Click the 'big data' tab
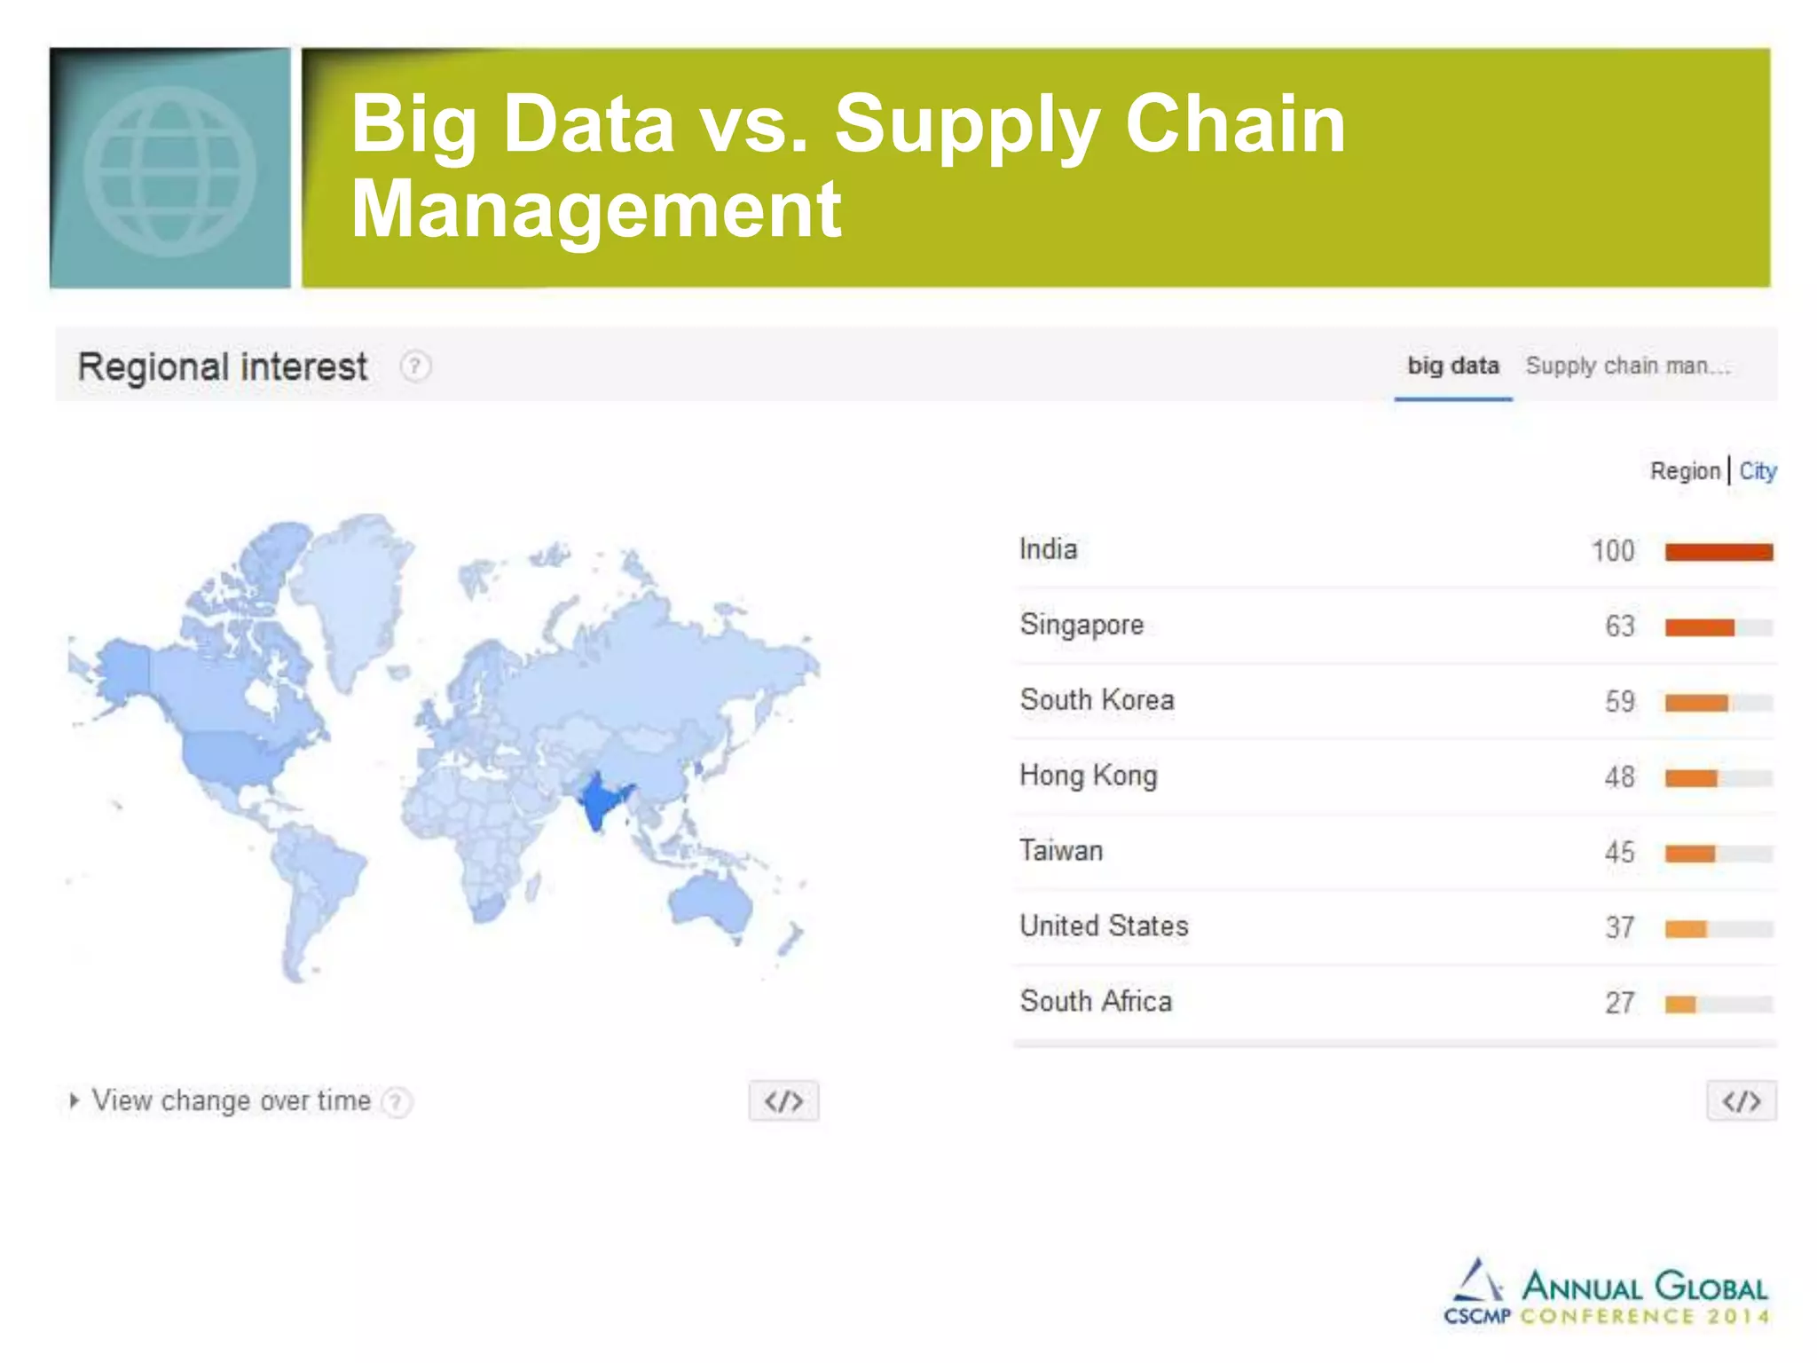pos(1452,366)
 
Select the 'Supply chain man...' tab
pos(1627,366)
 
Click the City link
pos(1757,470)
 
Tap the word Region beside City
pos(1684,470)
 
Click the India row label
pos(1048,549)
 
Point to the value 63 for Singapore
pos(1619,626)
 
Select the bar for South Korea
pos(1696,703)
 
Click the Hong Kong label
pos(1088,776)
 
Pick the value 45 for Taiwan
pos(1619,853)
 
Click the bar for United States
pos(1686,929)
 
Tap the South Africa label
pos(1096,1002)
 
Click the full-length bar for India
pos(1719,552)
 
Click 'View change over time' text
pos(231,1100)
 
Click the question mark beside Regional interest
pos(415,366)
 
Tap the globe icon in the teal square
pos(169,171)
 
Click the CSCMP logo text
pos(1476,1316)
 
